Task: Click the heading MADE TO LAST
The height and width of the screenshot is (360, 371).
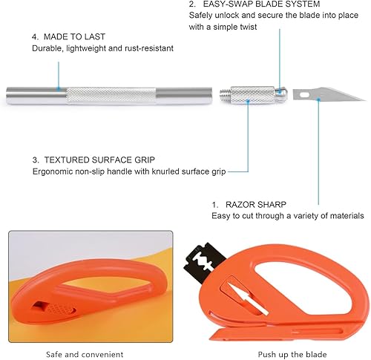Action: [74, 37]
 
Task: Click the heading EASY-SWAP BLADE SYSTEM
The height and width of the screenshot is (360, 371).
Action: [261, 4]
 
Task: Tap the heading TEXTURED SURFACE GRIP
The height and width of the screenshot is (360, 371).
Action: [99, 160]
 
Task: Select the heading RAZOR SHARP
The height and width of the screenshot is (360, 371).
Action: [256, 205]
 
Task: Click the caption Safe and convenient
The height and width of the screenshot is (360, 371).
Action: [85, 354]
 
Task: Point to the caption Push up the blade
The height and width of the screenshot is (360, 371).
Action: [292, 354]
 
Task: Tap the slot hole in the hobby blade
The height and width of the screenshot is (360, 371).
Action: [304, 94]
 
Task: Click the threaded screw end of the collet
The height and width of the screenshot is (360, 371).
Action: [225, 94]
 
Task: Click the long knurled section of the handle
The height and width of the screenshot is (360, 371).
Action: [111, 95]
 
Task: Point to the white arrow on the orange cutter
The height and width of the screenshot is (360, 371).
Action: [248, 298]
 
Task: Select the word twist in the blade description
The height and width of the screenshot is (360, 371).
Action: [248, 27]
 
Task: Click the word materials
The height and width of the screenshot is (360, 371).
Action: [347, 216]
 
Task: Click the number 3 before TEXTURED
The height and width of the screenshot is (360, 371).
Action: [35, 160]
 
